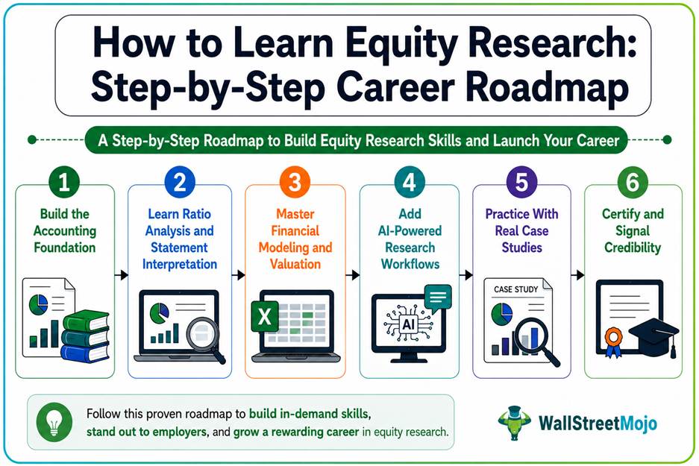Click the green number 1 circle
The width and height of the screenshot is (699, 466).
tap(64, 182)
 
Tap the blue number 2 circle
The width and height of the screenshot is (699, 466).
tap(180, 182)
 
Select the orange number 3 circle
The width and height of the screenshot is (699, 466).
tap(295, 182)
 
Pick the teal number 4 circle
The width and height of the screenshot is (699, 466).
tap(410, 182)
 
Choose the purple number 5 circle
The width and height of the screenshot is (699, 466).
tap(521, 182)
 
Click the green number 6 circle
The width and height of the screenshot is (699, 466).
tap(633, 182)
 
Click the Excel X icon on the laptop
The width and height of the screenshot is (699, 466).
tap(265, 316)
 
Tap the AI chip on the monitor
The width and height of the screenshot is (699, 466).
tap(408, 324)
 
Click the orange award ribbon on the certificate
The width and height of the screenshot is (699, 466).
tap(613, 341)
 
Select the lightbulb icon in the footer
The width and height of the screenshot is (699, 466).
tap(54, 422)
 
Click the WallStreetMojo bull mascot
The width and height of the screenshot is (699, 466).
tap(515, 422)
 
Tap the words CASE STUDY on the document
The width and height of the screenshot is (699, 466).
tap(515, 289)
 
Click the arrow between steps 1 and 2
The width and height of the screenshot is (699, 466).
tap(122, 275)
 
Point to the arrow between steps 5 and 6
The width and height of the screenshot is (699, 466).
tap(577, 275)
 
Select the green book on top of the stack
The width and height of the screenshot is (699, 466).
tap(87, 321)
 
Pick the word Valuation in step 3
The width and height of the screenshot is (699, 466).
tap(295, 264)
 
